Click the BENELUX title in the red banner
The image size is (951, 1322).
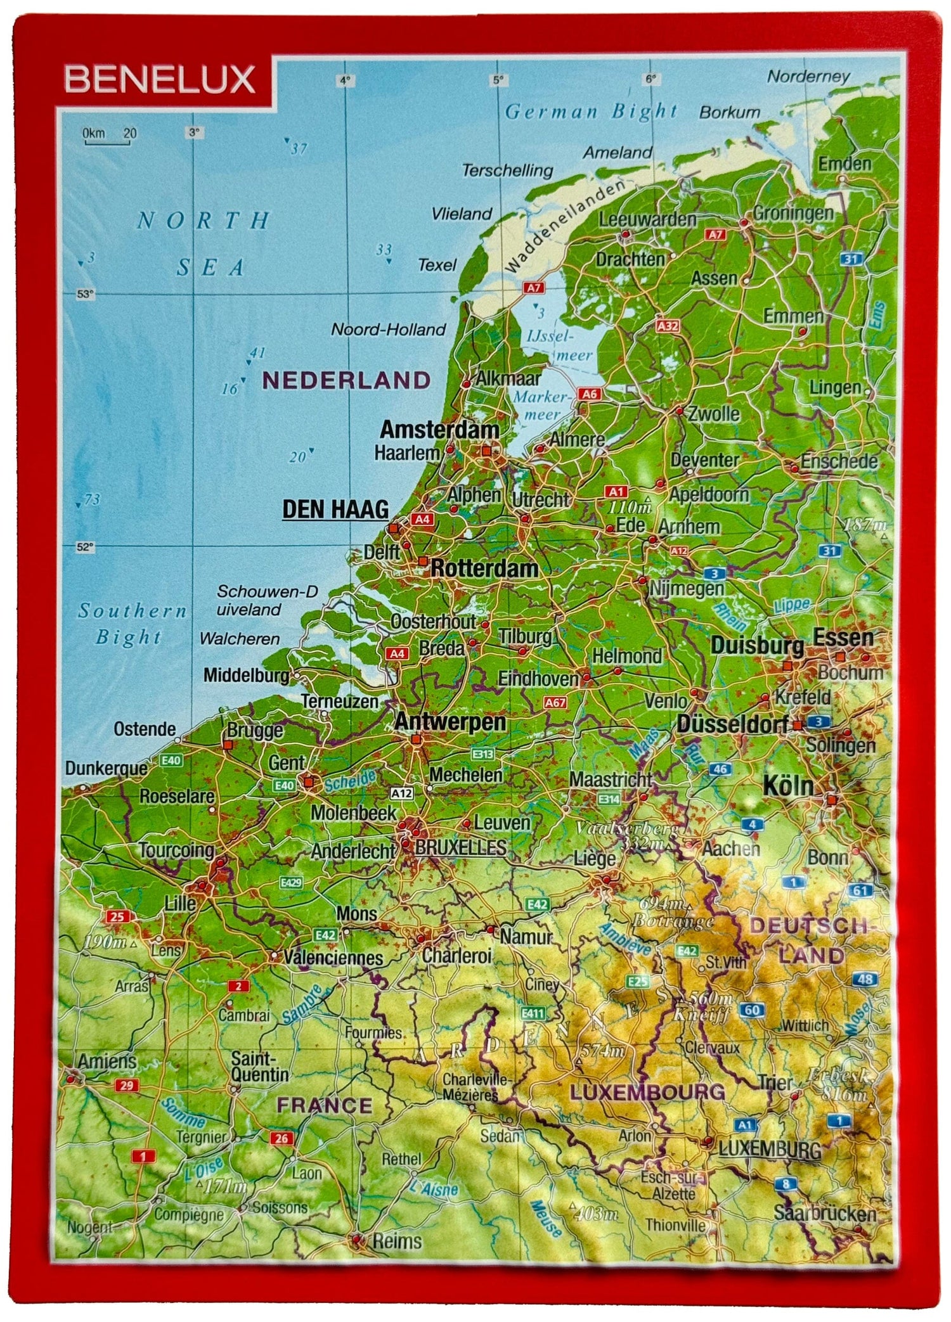click(x=160, y=80)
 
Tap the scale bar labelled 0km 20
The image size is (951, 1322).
click(x=108, y=136)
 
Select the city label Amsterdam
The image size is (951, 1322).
click(x=439, y=430)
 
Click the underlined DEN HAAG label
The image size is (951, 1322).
click(x=335, y=509)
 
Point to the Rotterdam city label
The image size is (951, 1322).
click(x=484, y=568)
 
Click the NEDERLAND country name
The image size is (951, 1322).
click(x=346, y=380)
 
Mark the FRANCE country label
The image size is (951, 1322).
click(x=325, y=1105)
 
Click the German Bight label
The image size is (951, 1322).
click(x=591, y=112)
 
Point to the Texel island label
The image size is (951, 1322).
click(x=437, y=265)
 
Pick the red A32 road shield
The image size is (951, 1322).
click(x=668, y=326)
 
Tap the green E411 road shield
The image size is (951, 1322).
click(x=533, y=1013)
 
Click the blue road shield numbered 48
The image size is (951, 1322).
click(x=866, y=979)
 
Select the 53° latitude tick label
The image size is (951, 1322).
click(x=85, y=294)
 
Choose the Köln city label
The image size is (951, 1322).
click(x=787, y=786)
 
